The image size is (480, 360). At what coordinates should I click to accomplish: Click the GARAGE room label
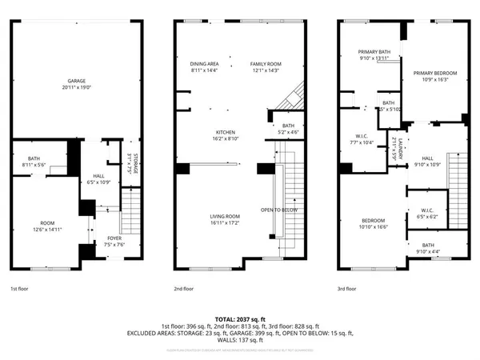tap(77, 80)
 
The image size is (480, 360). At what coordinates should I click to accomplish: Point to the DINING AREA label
tap(204, 64)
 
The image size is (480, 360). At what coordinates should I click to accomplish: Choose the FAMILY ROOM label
tap(265, 64)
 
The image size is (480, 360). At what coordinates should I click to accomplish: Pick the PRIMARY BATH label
tap(373, 52)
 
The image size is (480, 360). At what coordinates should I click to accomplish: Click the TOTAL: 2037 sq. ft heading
tap(240, 318)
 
